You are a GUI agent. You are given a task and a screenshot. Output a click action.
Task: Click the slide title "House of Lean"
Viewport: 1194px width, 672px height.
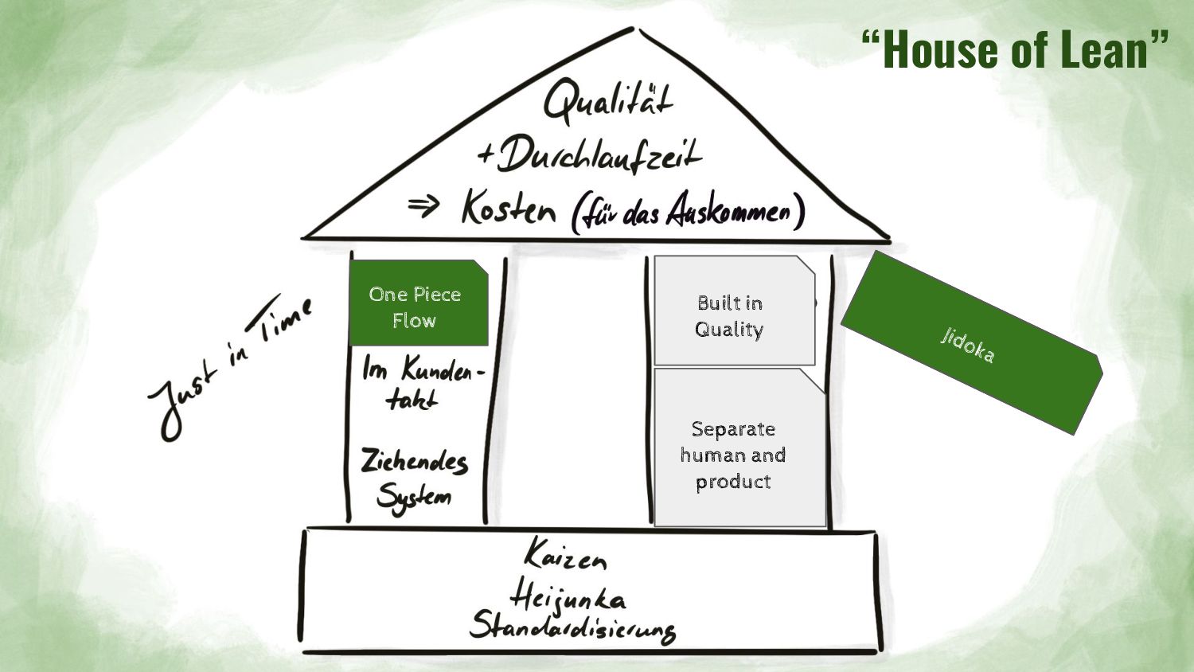(x=1015, y=49)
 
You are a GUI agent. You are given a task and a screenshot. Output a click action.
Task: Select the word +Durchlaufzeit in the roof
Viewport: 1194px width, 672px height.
(x=590, y=154)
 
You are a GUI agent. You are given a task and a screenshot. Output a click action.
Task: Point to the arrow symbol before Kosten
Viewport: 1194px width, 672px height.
(x=423, y=207)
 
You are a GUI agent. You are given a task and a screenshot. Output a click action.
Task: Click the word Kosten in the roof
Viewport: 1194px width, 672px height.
(x=508, y=209)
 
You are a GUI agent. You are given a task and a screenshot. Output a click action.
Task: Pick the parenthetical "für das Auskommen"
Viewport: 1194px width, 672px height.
(x=688, y=212)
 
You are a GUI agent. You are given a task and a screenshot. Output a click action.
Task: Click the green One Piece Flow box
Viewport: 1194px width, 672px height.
(x=419, y=303)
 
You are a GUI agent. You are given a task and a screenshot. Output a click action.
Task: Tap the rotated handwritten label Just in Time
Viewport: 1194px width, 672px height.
(x=231, y=367)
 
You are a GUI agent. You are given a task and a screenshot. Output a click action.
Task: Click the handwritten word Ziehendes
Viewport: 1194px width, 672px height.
(x=414, y=461)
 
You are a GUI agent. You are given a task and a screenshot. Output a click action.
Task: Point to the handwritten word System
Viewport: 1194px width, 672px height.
(x=414, y=498)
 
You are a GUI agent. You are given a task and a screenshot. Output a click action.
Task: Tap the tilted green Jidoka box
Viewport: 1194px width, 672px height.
(x=971, y=343)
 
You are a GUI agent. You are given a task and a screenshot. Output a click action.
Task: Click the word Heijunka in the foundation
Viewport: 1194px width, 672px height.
(x=567, y=596)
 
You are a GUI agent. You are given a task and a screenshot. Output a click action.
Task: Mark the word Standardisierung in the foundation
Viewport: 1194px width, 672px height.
(x=572, y=627)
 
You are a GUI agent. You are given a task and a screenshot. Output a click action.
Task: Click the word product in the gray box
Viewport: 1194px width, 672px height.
(x=733, y=482)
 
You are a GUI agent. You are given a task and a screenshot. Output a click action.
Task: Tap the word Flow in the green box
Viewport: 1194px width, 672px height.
(x=414, y=321)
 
